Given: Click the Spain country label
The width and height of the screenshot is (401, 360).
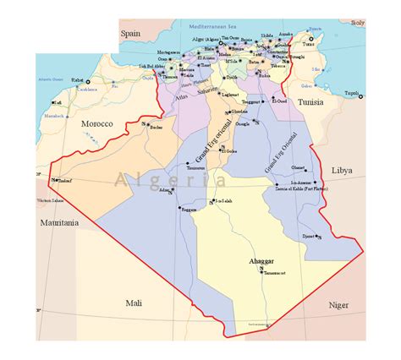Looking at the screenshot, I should pos(130,34).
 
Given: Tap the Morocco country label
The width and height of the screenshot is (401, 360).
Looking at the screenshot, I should pos(96,123).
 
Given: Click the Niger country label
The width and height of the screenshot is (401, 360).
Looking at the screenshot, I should pos(338,304).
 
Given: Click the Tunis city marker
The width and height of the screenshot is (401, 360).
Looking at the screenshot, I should pos(310,39).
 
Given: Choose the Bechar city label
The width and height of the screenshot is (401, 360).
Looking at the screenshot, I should pos(155,128).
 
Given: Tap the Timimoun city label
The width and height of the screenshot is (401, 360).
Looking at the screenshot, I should pos(197,168).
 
